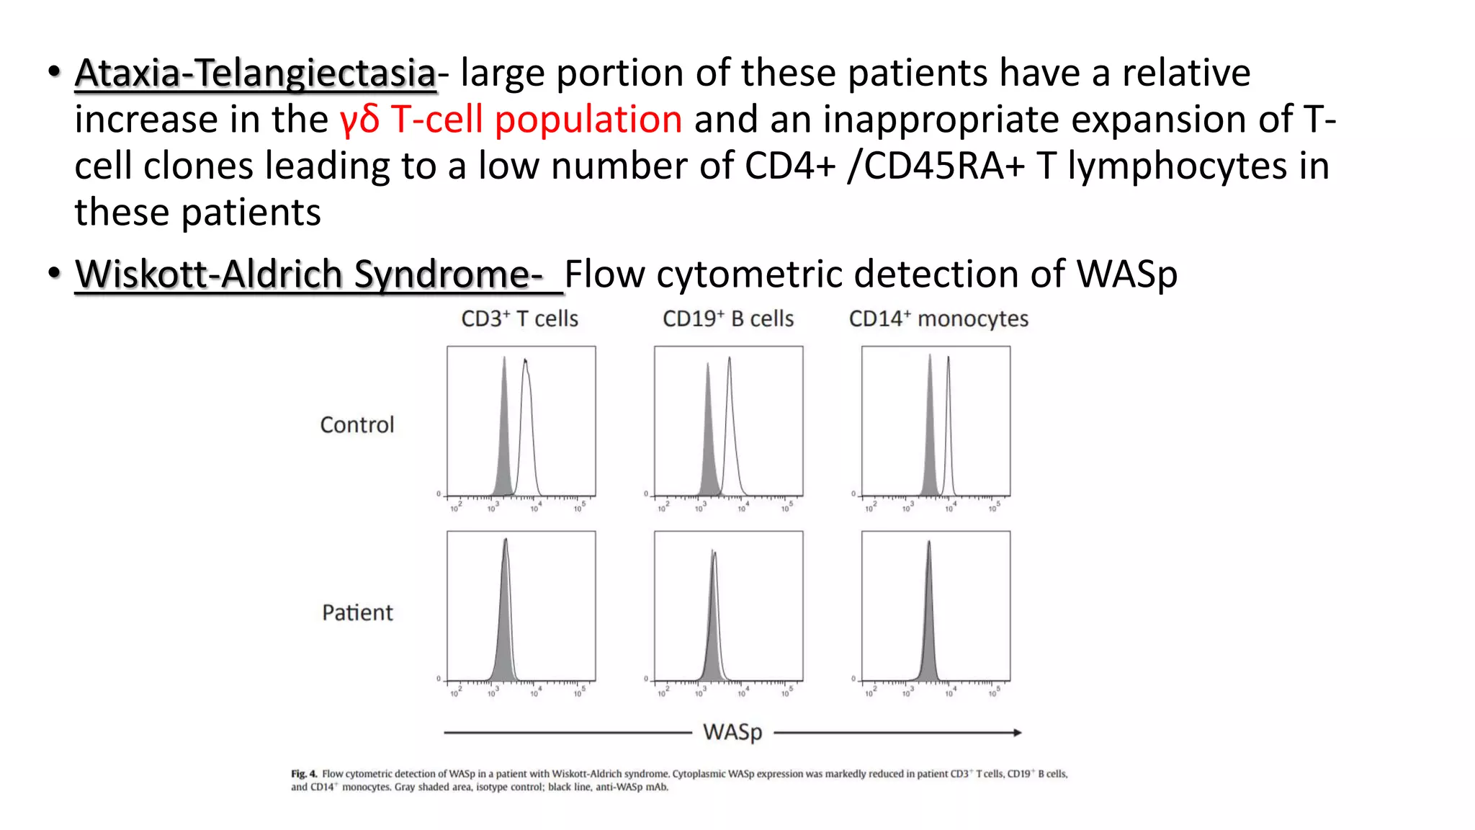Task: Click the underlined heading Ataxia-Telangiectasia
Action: pyautogui.click(x=255, y=73)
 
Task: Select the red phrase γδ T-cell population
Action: pyautogui.click(x=511, y=120)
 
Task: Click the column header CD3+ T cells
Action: pyautogui.click(x=519, y=318)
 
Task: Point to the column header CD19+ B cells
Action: pyautogui.click(x=727, y=318)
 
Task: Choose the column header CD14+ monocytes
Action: pyautogui.click(x=938, y=318)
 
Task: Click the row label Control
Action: pyautogui.click(x=357, y=425)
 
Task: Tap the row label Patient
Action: pyautogui.click(x=357, y=612)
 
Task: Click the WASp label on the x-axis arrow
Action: pyautogui.click(x=732, y=732)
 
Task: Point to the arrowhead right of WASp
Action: pyautogui.click(x=1017, y=733)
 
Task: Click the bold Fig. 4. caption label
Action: pyautogui.click(x=304, y=774)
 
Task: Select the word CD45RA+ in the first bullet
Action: pyautogui.click(x=943, y=166)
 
